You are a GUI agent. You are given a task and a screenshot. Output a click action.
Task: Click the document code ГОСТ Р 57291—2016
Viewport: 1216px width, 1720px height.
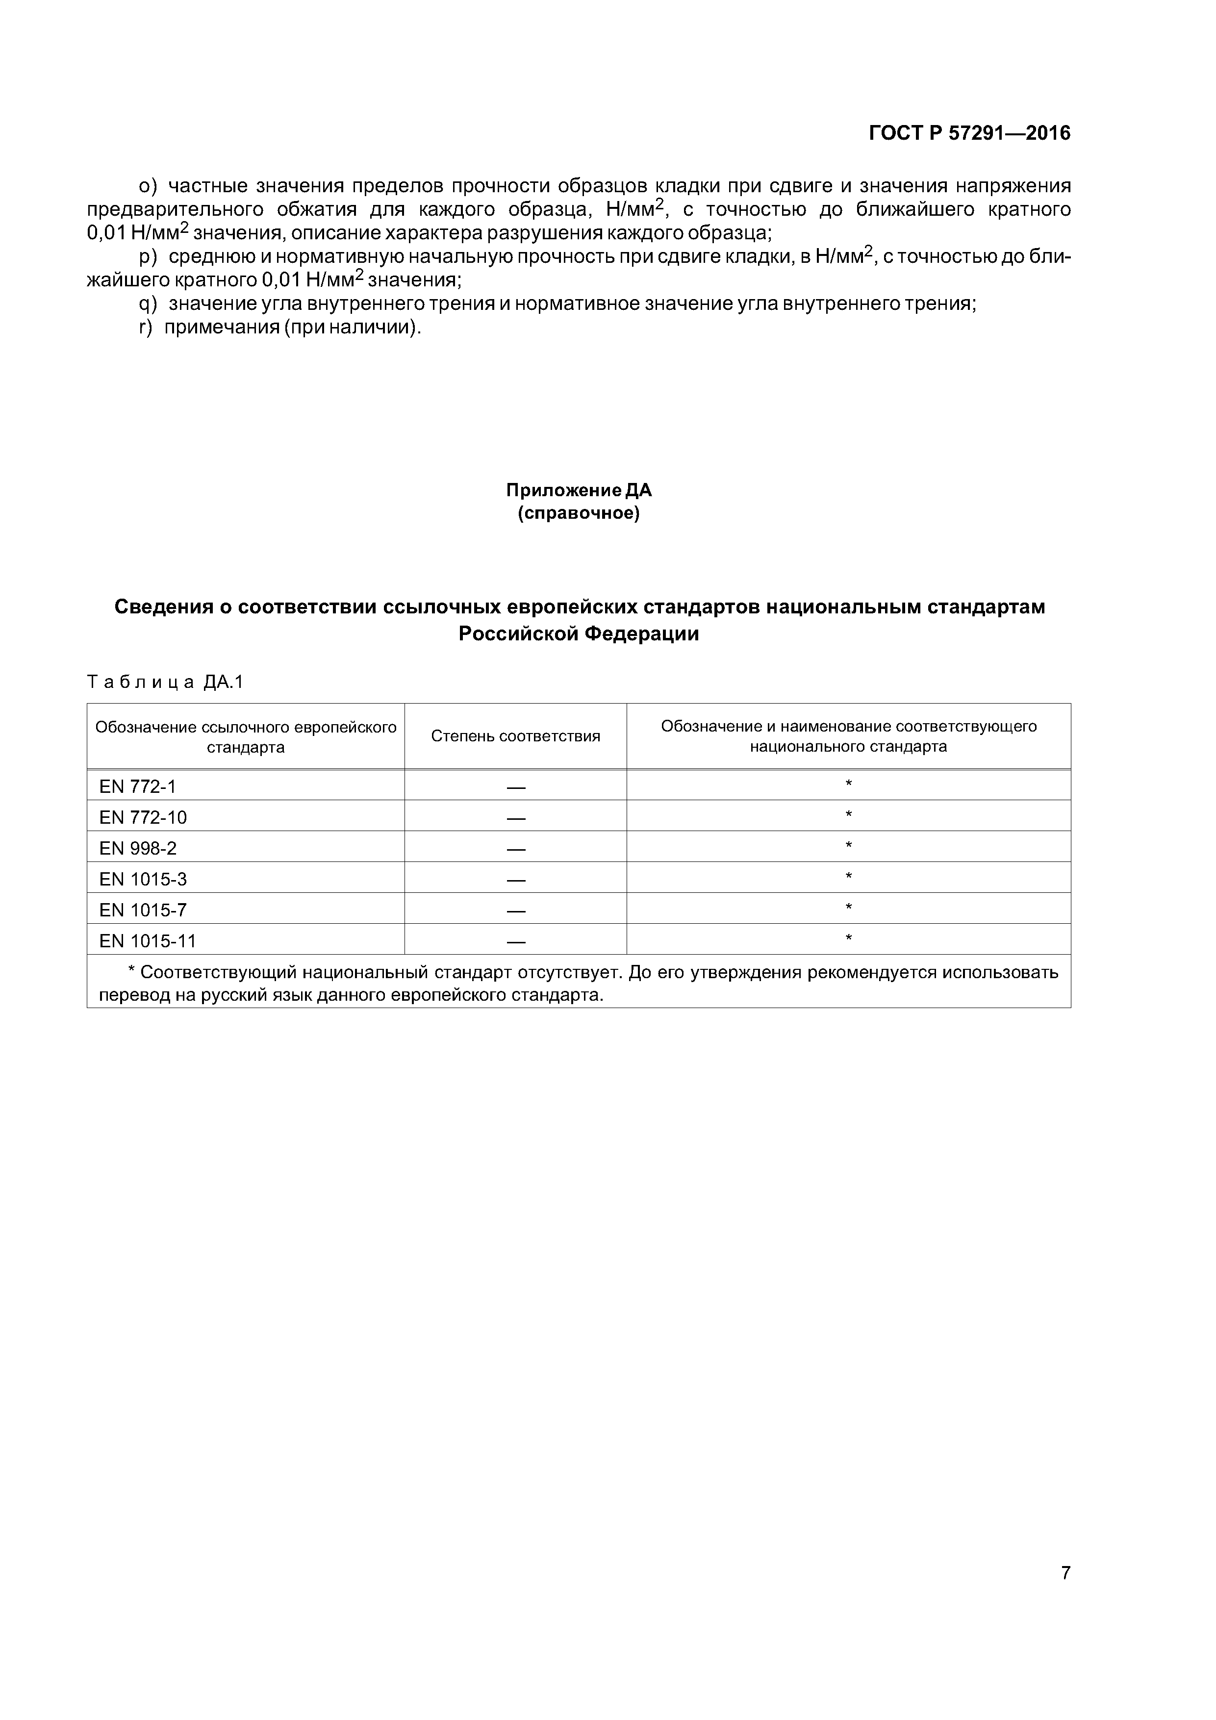click(969, 133)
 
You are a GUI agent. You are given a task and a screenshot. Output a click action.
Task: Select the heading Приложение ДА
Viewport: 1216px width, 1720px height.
click(579, 491)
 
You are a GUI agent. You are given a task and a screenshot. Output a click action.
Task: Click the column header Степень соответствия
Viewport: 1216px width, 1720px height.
click(515, 736)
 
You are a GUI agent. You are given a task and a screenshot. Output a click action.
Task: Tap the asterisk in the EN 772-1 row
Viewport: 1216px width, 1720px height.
click(848, 784)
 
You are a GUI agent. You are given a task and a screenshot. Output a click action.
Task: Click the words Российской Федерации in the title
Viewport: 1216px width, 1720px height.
click(579, 634)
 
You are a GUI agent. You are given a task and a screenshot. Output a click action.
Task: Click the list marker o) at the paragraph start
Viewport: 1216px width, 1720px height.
click(149, 186)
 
